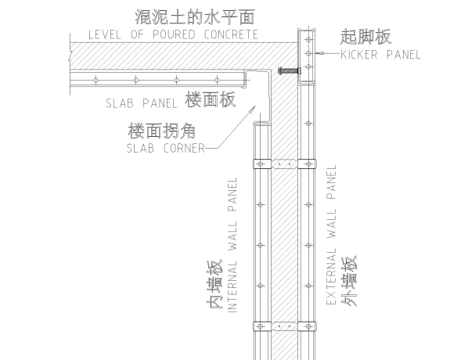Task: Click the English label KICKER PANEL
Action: (380, 55)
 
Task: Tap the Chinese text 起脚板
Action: (366, 37)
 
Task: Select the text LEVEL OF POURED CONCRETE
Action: (173, 34)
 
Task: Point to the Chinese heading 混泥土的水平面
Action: (195, 17)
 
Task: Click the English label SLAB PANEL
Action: (142, 103)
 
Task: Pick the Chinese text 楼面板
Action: (211, 99)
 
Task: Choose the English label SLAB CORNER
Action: (166, 149)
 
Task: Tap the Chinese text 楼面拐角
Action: (162, 131)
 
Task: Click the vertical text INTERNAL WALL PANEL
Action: (232, 245)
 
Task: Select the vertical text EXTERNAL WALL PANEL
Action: (331, 235)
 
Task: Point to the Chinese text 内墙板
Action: (215, 284)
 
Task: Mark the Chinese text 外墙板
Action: (349, 281)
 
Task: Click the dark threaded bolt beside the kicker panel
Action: (290, 70)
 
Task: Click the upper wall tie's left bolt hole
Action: (261, 164)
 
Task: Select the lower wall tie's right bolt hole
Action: (308, 326)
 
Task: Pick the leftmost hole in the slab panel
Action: (95, 80)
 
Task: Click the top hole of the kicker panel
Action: (308, 40)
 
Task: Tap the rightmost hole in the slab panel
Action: (218, 80)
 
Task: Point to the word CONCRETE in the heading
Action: (231, 34)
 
